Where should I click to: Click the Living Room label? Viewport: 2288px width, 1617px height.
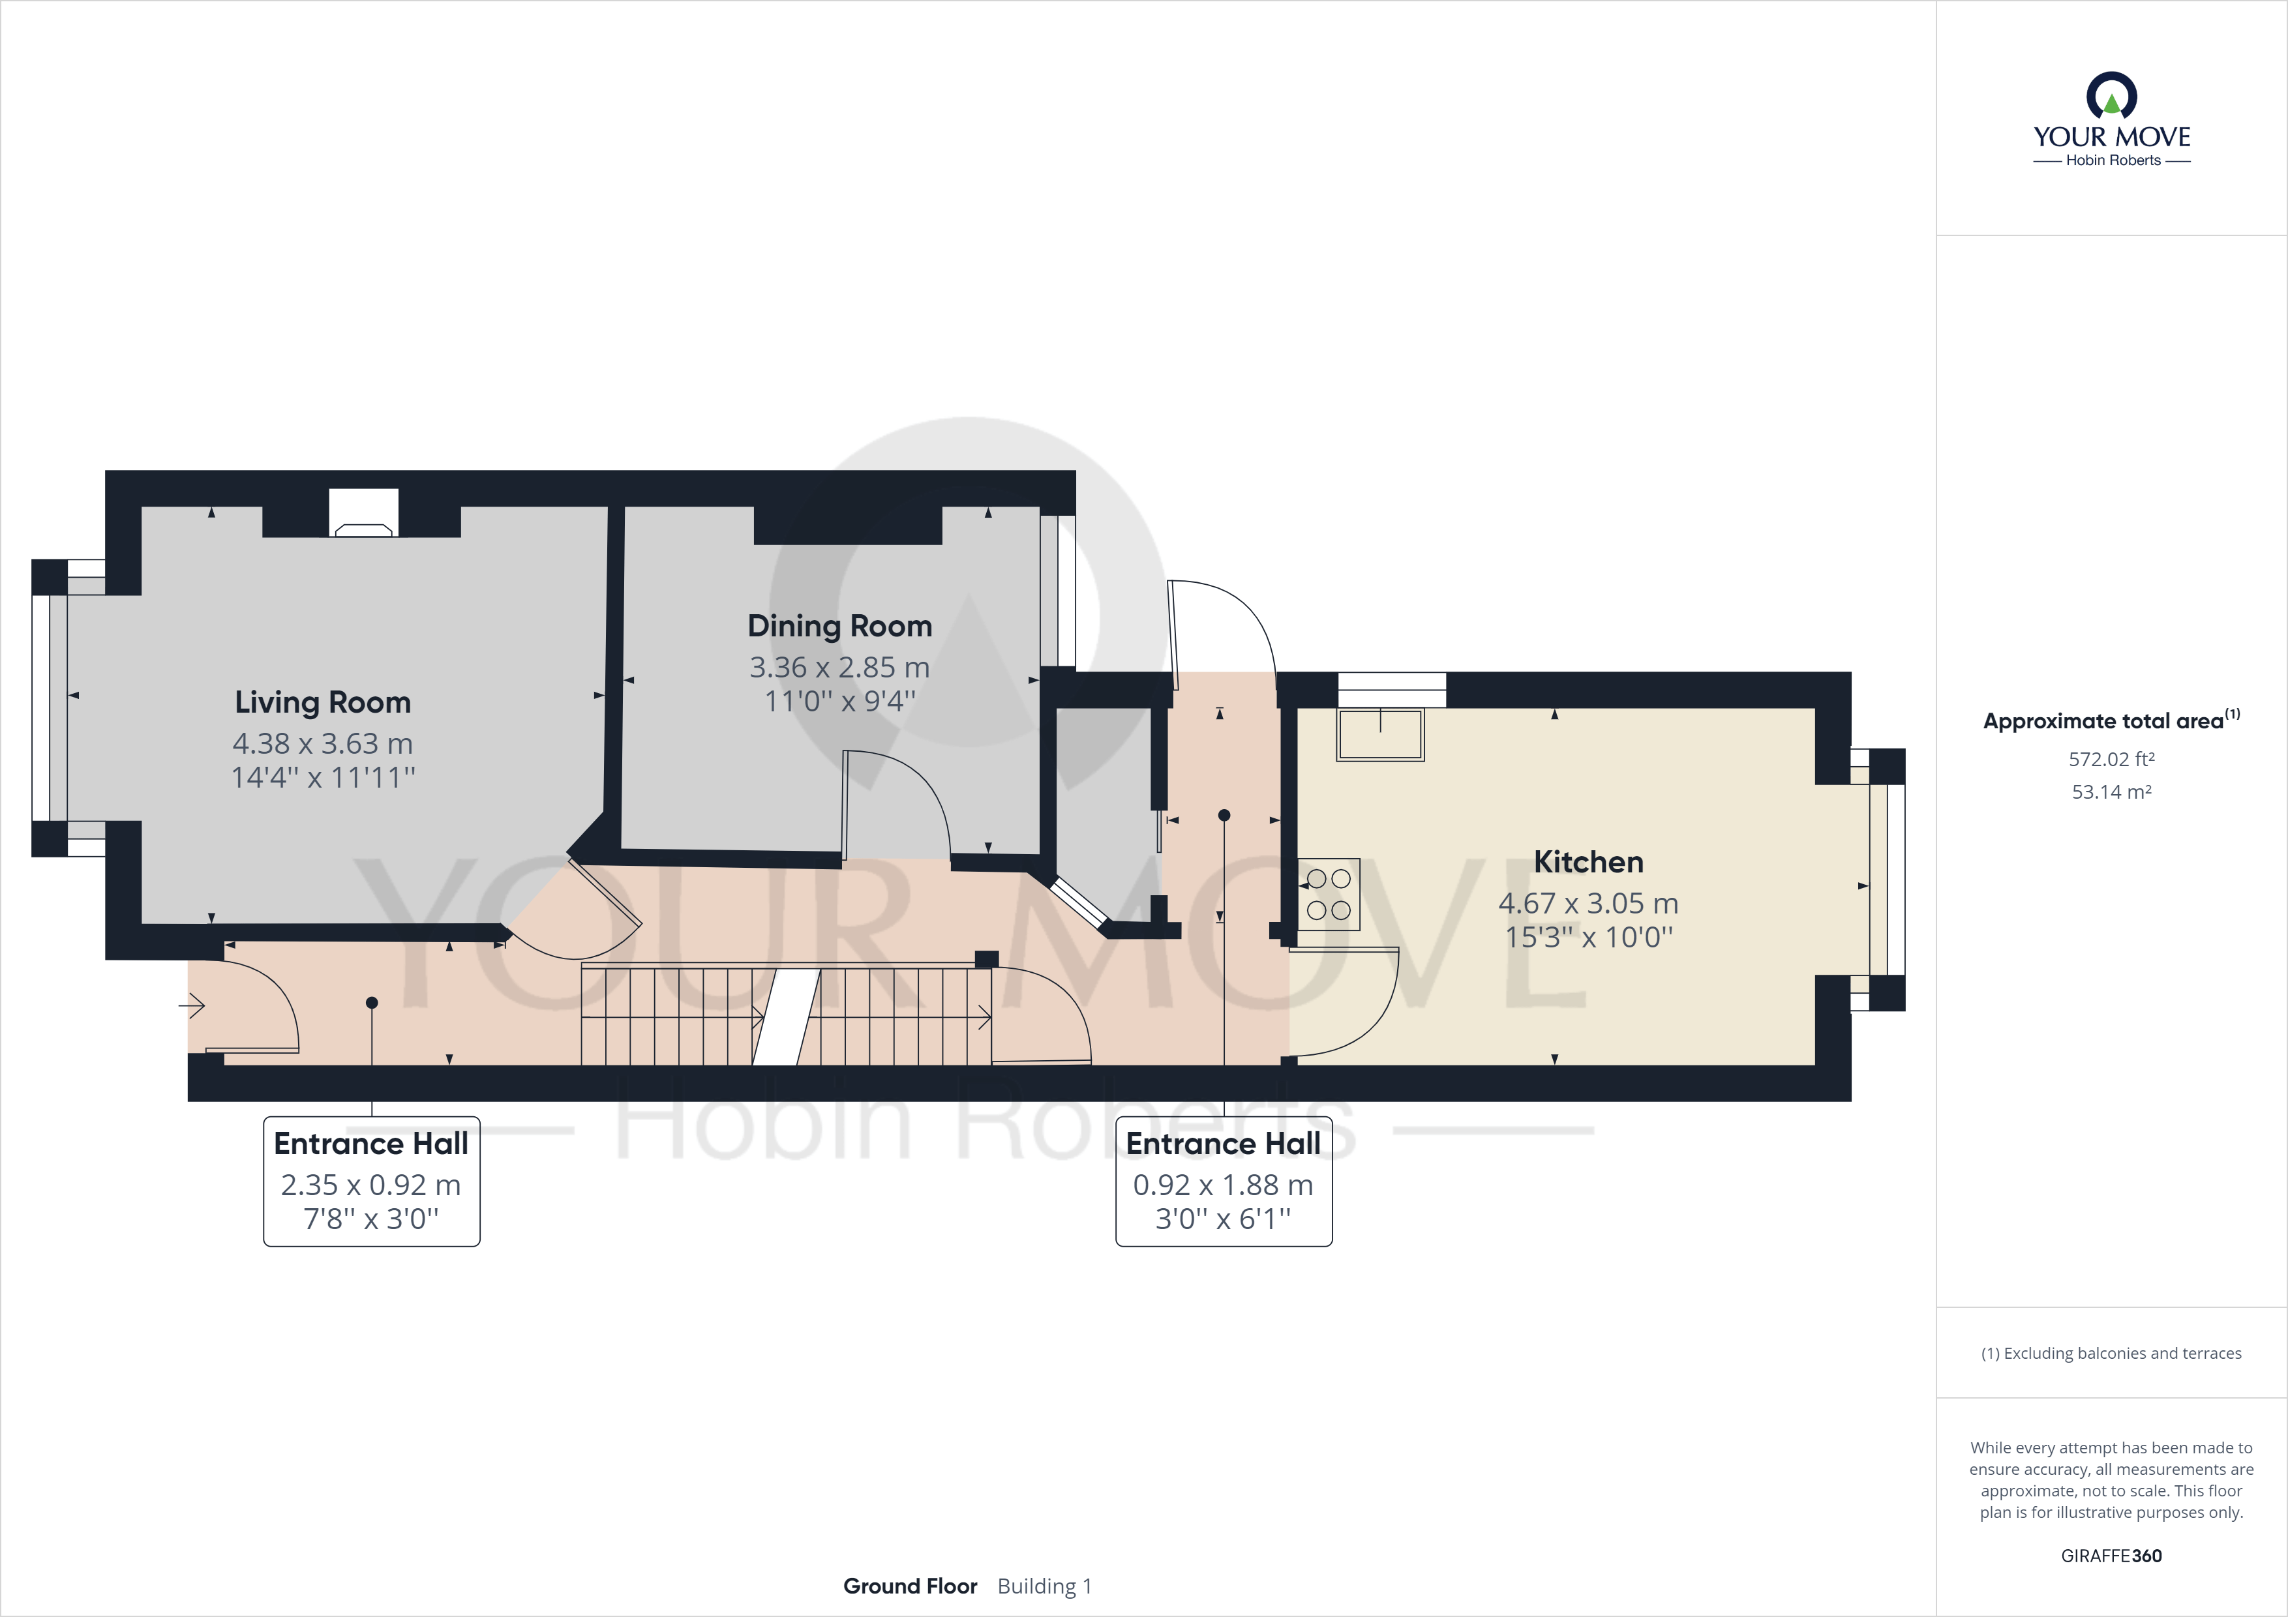click(323, 702)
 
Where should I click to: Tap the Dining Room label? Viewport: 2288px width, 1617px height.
click(840, 627)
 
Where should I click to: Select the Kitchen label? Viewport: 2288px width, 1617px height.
click(1588, 862)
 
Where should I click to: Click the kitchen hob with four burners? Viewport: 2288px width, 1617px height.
click(1329, 894)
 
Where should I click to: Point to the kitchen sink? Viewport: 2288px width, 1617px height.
click(1380, 734)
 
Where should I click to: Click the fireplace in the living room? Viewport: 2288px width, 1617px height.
click(364, 513)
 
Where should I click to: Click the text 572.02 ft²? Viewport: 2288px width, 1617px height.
click(2112, 759)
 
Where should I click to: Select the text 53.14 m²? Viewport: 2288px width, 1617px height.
click(2112, 792)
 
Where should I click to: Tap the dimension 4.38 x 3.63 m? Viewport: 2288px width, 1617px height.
click(323, 743)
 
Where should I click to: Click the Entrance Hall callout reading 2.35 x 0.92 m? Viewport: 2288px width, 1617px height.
click(372, 1181)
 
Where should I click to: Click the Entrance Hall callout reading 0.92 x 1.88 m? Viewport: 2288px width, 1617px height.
click(1224, 1181)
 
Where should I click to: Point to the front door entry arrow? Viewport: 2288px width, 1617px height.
click(191, 1006)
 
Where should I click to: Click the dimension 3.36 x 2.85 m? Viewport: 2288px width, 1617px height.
click(840, 668)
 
